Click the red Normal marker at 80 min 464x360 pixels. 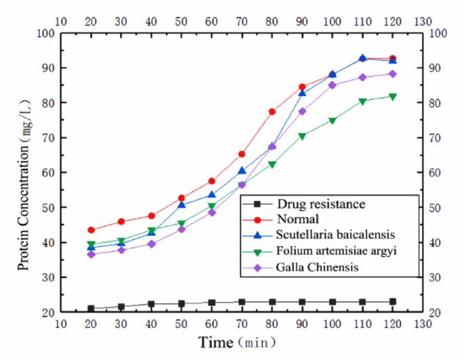[x=272, y=112]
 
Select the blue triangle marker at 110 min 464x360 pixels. [x=362, y=58]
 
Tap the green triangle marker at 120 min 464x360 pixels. [x=392, y=97]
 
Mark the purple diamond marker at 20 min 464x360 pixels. [x=91, y=254]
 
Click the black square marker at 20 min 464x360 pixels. [x=91, y=309]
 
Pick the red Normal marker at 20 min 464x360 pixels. [x=91, y=230]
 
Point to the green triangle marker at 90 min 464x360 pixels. [x=302, y=136]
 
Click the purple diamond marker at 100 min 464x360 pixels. [x=332, y=85]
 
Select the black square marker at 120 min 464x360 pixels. [x=392, y=302]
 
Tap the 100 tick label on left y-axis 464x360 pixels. [x=45, y=33]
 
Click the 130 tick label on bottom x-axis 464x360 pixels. [x=423, y=325]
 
